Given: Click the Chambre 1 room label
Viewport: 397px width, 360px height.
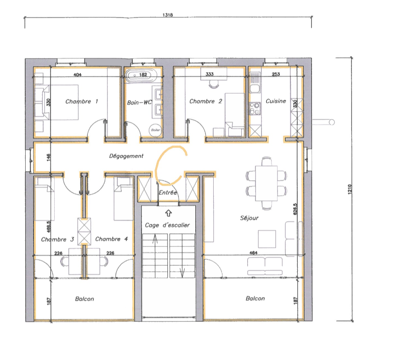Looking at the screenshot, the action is [x=81, y=102].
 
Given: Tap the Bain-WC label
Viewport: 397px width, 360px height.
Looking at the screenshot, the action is [x=139, y=103].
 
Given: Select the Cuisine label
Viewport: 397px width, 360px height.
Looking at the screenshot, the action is [x=276, y=101].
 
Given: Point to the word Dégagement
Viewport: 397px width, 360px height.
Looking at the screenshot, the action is [x=126, y=156].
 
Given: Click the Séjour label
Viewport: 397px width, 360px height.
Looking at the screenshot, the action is [x=249, y=218].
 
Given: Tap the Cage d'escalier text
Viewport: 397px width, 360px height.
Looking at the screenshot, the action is [x=167, y=225].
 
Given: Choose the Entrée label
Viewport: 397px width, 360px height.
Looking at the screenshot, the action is [x=168, y=193].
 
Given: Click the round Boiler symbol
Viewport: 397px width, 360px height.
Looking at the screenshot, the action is [x=155, y=130].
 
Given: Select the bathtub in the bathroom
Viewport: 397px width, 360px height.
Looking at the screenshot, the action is [x=141, y=75].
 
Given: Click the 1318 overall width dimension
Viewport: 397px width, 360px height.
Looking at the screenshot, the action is [x=168, y=15].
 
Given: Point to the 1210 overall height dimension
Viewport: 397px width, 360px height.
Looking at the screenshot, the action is [x=350, y=189].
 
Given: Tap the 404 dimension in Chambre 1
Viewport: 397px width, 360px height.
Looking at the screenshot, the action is [x=77, y=74].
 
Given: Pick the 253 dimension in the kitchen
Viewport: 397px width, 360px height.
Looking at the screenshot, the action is [x=276, y=74].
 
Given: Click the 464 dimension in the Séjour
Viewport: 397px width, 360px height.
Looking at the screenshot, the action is [x=253, y=252].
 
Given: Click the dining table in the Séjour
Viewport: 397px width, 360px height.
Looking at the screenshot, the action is [x=266, y=183].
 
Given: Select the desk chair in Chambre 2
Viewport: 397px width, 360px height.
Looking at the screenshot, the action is [x=214, y=84].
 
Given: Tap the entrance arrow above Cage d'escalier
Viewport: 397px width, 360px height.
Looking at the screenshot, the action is [x=169, y=213].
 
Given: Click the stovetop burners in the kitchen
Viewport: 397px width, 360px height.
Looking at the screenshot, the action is [x=255, y=109].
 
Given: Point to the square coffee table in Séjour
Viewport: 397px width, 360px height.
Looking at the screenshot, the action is [x=267, y=239].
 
